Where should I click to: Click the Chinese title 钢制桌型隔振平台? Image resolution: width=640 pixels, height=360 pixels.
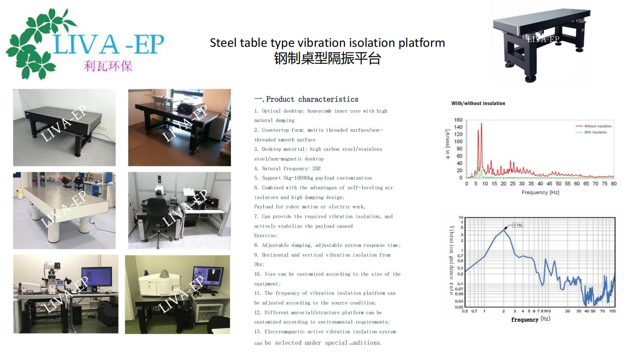327,58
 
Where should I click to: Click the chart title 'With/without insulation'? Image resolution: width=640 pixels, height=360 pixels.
478,103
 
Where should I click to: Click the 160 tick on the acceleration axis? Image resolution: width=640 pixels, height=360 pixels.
458,120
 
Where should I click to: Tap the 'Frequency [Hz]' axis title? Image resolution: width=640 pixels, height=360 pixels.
540,192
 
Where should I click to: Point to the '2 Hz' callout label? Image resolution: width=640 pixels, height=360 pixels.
518,225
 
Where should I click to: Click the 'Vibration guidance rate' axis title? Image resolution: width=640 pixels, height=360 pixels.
451,260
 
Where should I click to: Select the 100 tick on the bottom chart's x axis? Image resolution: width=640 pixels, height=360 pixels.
612,311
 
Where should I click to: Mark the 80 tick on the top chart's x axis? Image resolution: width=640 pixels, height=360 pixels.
614,184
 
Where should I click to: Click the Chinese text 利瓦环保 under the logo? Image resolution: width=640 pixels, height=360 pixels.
108,66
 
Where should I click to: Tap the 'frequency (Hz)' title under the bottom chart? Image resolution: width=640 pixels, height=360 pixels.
531,319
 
